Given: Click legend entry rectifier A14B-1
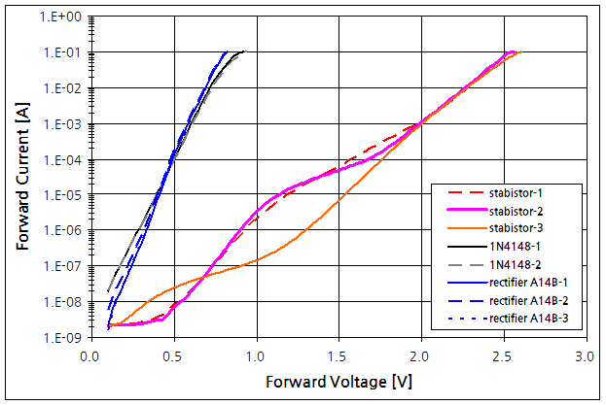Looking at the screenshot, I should coord(526,282).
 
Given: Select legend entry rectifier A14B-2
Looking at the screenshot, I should coord(526,299).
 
